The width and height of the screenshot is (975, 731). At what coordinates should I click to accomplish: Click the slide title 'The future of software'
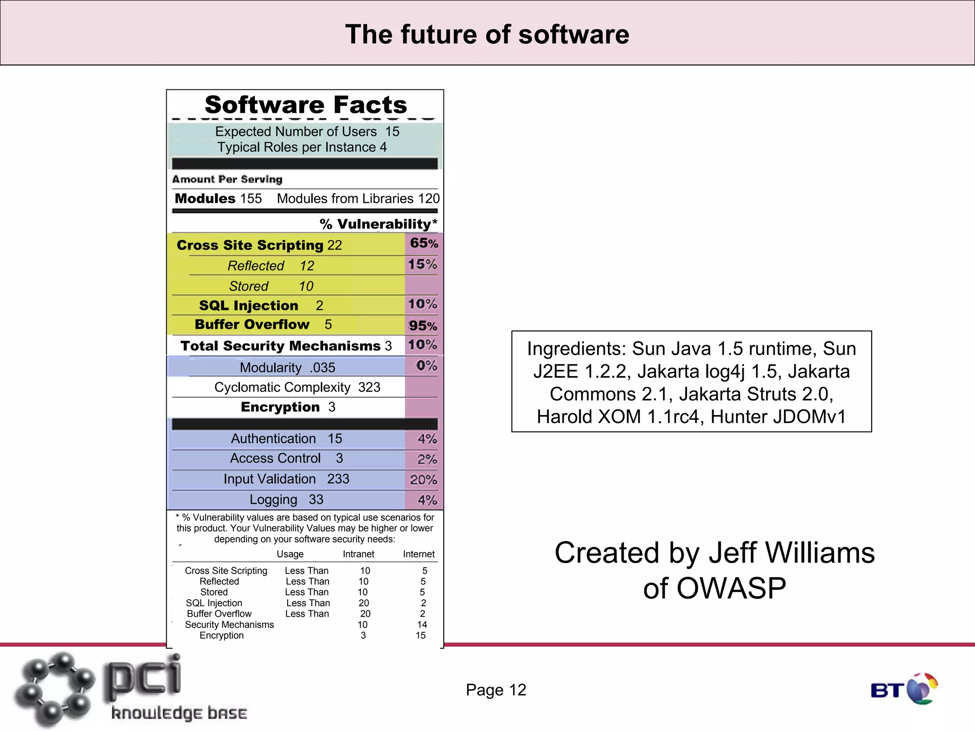487,35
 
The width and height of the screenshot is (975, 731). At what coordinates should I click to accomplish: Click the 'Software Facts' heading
306,105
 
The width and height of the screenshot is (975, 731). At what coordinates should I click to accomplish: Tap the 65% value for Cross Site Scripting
424,243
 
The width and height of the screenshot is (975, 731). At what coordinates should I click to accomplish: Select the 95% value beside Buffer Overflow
423,326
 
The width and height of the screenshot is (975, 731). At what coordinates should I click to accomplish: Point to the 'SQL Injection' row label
249,306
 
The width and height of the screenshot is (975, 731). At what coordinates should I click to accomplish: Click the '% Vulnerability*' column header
378,224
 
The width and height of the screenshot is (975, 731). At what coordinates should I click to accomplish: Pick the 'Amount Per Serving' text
227,179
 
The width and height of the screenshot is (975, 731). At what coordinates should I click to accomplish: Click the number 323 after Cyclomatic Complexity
369,387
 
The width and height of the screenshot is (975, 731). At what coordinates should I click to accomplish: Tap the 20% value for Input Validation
423,480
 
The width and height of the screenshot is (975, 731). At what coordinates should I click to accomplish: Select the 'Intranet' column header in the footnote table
358,554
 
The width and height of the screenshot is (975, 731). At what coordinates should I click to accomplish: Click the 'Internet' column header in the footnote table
418,554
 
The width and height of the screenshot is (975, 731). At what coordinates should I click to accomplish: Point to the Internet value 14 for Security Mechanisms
422,624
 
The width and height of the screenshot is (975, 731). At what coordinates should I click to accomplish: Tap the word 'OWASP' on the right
714,588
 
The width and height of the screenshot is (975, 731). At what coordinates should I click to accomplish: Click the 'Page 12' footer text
496,690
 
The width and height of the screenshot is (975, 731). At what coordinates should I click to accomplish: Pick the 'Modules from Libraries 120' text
358,198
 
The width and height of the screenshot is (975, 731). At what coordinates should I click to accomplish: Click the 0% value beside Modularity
426,365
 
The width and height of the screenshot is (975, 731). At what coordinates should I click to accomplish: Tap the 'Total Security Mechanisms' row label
280,346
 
